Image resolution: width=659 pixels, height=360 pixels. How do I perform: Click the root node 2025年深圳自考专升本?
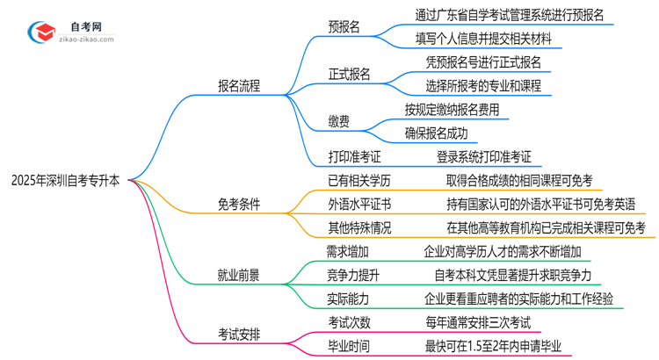66,181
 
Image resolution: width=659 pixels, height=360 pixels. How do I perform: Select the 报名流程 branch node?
239,86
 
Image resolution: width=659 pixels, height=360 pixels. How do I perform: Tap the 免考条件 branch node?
239,205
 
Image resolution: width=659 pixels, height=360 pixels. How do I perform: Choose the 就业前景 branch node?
239,275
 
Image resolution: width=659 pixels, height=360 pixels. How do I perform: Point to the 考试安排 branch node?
239,334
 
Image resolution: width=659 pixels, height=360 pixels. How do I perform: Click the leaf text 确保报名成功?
436,133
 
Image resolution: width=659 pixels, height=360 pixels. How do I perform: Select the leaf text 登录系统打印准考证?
484,157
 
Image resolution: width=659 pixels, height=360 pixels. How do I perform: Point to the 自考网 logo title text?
86,25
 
